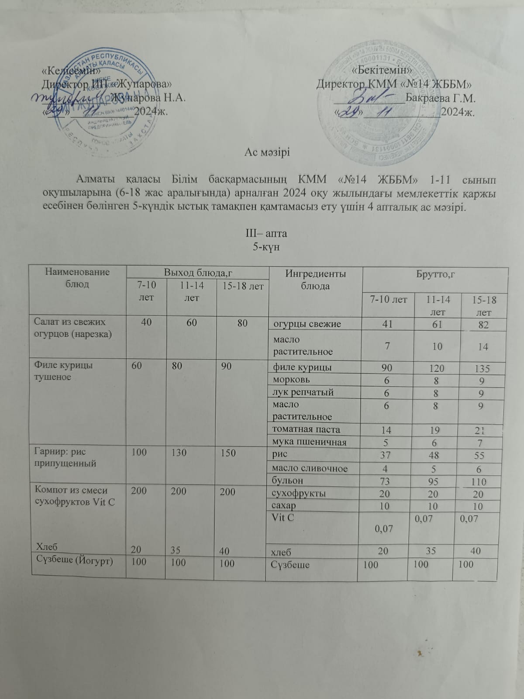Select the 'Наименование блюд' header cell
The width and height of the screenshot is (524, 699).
click(x=77, y=278)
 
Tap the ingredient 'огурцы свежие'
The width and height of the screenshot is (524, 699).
click(x=307, y=324)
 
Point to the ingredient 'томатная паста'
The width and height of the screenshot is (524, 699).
click(x=306, y=429)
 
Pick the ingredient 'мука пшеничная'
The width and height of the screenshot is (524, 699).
click(x=309, y=442)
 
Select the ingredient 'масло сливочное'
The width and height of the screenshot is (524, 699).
click(x=310, y=468)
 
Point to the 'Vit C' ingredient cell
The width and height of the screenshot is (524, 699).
click(x=284, y=518)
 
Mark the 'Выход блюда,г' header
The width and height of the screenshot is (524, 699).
click(x=197, y=272)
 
